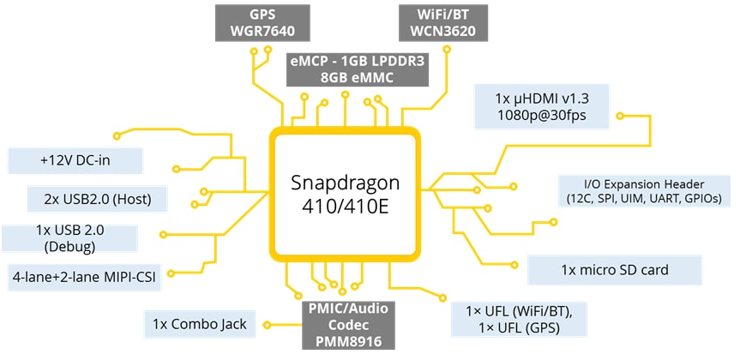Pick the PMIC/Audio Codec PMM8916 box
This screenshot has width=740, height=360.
pyautogui.click(x=344, y=324)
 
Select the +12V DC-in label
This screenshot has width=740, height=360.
pyautogui.click(x=75, y=160)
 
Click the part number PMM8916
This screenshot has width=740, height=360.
pyautogui.click(x=344, y=341)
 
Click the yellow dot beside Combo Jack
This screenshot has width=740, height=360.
pyautogui.click(x=266, y=325)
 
